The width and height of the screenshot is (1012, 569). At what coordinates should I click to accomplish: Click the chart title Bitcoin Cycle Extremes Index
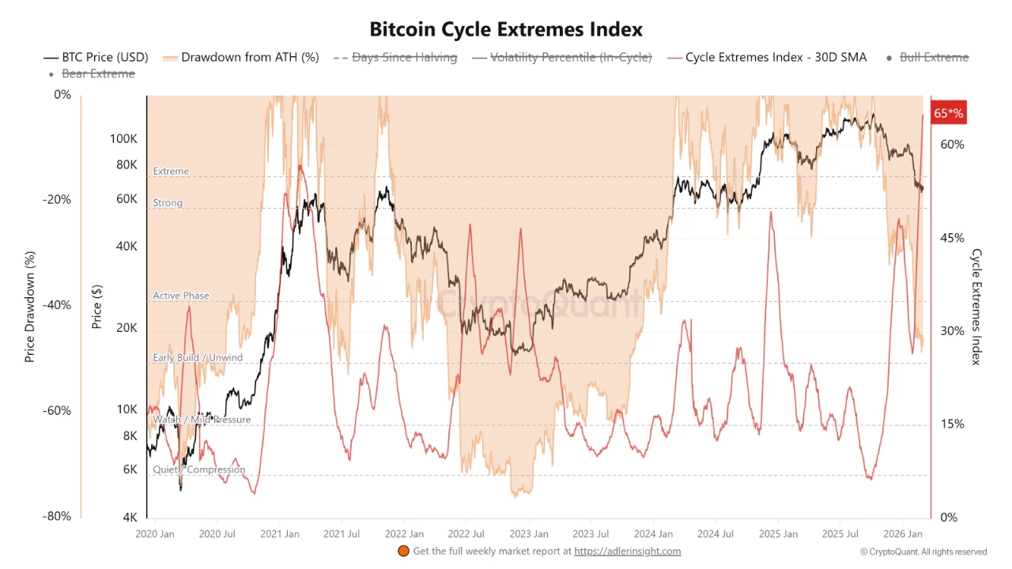506,29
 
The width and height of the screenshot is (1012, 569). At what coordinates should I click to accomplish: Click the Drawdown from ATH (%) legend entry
240,57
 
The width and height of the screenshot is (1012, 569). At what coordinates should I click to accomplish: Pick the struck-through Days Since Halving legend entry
395,57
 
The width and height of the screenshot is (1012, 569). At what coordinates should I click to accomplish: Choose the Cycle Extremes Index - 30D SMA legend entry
767,57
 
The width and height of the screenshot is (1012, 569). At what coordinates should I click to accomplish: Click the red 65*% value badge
948,113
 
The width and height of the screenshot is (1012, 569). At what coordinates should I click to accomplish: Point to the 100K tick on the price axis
123,139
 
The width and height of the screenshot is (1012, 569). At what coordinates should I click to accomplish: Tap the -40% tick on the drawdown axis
56,305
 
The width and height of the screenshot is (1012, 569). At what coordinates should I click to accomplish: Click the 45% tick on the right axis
952,238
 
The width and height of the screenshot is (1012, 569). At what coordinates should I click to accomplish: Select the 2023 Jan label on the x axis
529,534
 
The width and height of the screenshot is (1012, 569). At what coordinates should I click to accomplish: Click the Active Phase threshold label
181,296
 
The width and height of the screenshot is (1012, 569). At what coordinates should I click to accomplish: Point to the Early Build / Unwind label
198,358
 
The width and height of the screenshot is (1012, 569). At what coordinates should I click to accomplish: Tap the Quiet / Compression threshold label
199,469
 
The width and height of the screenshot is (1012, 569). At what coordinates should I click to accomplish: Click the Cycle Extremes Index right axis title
976,307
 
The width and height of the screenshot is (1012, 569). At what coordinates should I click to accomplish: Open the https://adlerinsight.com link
627,552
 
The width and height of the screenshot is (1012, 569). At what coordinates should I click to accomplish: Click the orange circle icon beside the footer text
402,552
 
